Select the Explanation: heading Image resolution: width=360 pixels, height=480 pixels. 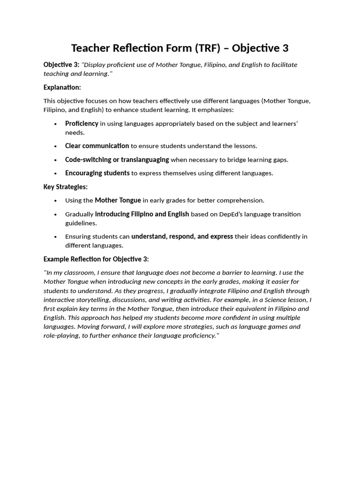(62, 87)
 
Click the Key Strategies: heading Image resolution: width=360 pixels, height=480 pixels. (65, 187)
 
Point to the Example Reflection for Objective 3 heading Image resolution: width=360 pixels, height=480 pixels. (96, 259)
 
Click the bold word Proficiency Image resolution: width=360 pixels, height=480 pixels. (82, 123)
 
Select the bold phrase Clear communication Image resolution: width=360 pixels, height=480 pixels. (97, 146)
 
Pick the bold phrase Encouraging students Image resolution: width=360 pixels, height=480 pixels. (97, 173)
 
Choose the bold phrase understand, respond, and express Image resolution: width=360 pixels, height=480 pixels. (182, 236)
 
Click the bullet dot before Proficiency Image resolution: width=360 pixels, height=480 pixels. (55, 124)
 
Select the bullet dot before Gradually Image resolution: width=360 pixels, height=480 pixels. (55, 215)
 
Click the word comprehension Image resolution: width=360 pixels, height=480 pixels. (240, 200)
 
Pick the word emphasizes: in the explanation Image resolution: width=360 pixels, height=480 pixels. (217, 110)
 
